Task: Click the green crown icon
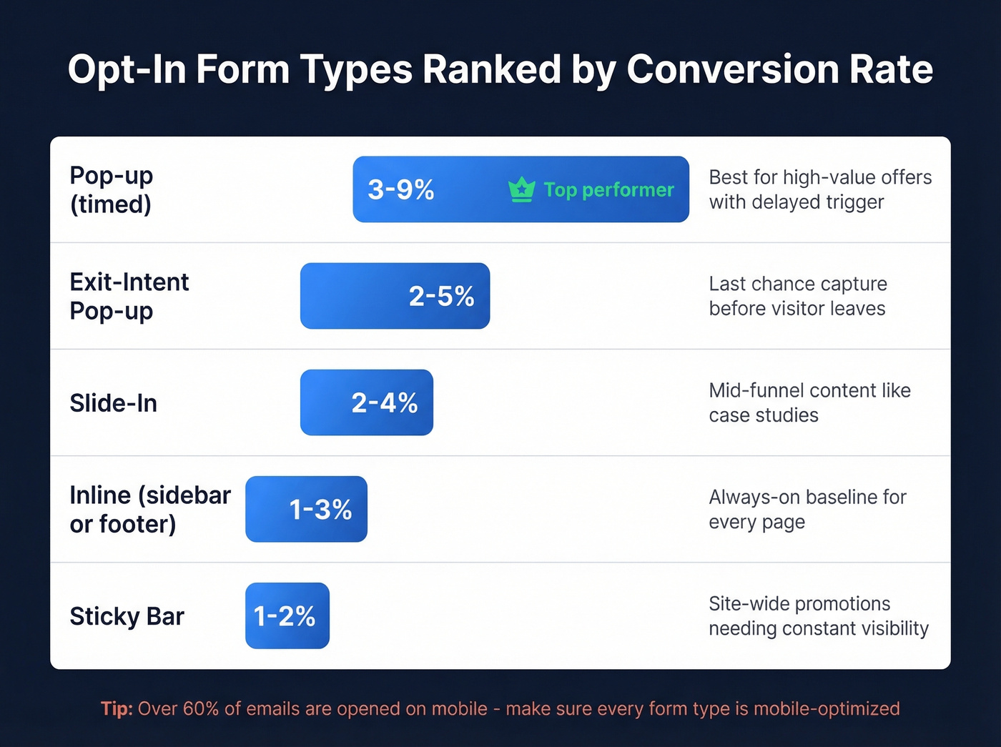pos(521,189)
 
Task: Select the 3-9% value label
pos(400,189)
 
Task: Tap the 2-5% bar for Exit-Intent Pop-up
pos(395,296)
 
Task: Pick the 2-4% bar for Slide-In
pos(366,402)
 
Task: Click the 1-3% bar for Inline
pos(306,509)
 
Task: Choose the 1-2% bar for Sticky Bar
pos(287,615)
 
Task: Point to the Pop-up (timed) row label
pos(112,189)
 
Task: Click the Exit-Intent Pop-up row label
pos(129,296)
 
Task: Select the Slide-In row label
pos(113,403)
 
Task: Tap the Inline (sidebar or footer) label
pos(149,509)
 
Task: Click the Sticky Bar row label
pos(127,616)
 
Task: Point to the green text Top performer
pos(608,189)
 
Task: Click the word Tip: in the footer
pos(117,708)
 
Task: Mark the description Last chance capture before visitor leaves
pos(797,296)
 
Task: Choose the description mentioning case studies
pos(809,402)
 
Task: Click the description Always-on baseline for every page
pos(807,509)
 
